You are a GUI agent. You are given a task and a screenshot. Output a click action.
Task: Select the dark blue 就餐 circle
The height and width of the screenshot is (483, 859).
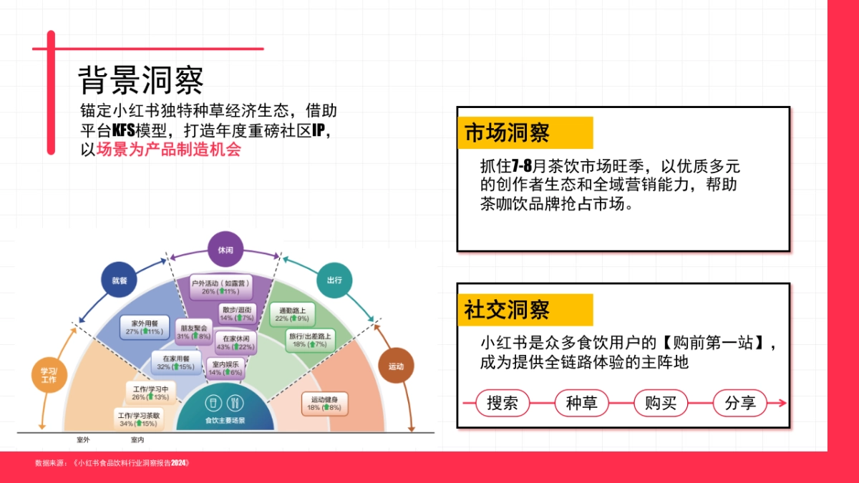[x=119, y=280]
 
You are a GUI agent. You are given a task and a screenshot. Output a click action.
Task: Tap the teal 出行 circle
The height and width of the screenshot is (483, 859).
[x=334, y=280]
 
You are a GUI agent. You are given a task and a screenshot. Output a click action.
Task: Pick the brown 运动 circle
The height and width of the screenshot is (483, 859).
[x=396, y=366]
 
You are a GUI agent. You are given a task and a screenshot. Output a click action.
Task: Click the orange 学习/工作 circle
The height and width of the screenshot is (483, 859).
[x=49, y=374]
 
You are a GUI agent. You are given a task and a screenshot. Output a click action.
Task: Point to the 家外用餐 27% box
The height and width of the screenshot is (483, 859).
[x=145, y=326]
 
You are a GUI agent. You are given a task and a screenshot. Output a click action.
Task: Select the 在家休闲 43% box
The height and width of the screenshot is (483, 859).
[x=236, y=342]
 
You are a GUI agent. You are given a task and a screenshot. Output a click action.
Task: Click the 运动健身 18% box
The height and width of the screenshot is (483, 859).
[x=324, y=403]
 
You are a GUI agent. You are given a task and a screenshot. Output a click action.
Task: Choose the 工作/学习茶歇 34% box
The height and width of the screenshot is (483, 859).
[x=139, y=419]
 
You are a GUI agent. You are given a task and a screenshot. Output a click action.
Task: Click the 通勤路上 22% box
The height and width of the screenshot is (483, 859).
[x=291, y=313]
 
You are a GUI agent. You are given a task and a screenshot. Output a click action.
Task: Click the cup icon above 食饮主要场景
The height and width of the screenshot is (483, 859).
[x=213, y=401]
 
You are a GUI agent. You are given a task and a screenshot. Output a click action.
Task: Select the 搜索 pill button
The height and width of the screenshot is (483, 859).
[x=503, y=403]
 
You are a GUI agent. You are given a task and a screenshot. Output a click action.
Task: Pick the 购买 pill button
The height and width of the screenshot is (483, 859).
[x=661, y=403]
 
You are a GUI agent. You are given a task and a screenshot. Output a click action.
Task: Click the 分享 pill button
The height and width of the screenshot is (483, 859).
[x=739, y=403]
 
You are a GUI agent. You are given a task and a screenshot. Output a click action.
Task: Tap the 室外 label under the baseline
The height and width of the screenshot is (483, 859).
[x=83, y=439]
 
